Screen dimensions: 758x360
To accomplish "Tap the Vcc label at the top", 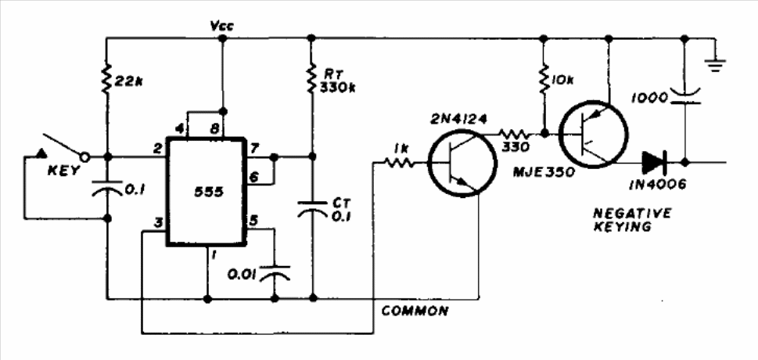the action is point(222,26).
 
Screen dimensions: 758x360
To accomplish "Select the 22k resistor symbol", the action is point(107,78).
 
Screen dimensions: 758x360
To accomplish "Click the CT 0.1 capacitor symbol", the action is point(312,208).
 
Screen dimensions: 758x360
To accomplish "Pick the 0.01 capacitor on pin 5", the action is point(275,273).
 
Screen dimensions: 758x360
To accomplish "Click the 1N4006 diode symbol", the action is point(655,162).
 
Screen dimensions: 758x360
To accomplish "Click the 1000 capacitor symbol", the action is point(684,96).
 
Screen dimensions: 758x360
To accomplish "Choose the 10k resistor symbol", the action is point(544,77).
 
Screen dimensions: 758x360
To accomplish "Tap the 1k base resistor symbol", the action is point(399,163).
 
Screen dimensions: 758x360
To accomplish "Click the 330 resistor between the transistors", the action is point(515,132).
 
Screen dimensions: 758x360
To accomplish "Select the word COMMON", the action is point(415,311).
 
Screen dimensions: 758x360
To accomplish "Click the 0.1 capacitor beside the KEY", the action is point(107,189).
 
